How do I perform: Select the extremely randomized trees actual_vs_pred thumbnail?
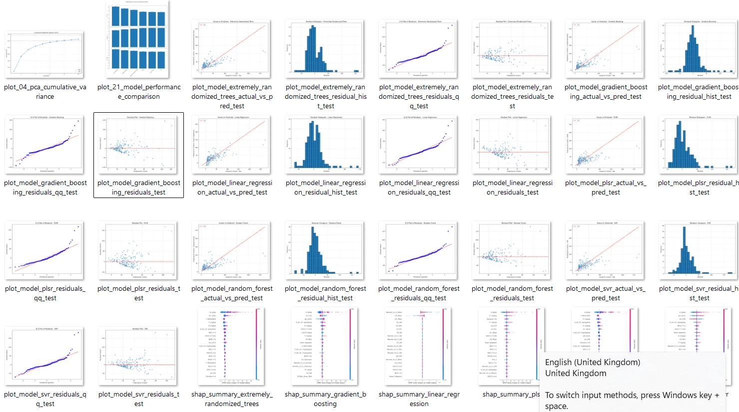pos(231,48)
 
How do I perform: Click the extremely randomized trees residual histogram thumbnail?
pos(325,48)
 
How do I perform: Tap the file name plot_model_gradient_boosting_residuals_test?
pos(138,188)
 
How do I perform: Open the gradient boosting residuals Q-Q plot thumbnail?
pos(44,145)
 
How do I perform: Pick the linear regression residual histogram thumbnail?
pos(325,145)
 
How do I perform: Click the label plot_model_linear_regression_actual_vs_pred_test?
pos(232,188)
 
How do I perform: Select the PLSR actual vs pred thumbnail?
pos(605,145)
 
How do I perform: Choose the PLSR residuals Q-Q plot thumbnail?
pos(44,250)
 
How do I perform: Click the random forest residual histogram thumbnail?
pos(325,250)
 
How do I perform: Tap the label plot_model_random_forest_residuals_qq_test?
pos(419,293)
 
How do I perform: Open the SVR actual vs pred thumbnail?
pos(605,250)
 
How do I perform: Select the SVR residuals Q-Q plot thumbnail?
pos(44,356)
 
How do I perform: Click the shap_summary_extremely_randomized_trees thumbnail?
pos(231,347)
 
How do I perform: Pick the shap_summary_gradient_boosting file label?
pos(325,399)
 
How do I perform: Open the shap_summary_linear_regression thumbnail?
pos(419,347)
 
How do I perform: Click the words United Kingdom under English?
pos(576,373)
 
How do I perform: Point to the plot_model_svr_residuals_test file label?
pos(138,399)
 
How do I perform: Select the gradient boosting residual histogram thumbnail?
pos(699,48)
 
